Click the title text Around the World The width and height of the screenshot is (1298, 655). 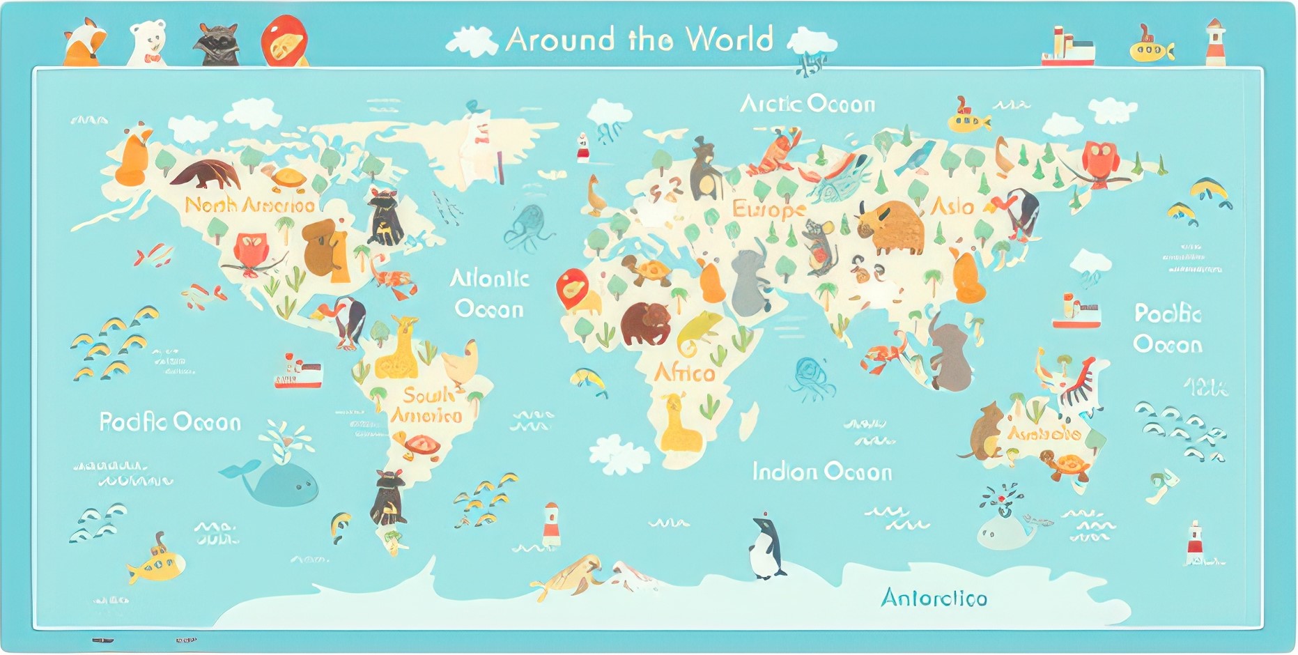640,40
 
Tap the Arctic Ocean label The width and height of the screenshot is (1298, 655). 807,105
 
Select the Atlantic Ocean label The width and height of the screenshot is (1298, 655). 489,293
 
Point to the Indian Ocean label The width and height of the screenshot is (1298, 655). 822,472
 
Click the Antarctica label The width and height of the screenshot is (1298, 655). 934,598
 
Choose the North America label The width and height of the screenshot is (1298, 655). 250,205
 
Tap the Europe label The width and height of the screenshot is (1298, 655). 768,208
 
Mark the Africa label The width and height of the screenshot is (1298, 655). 684,373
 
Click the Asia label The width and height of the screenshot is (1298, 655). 952,206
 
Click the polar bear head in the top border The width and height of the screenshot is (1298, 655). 148,42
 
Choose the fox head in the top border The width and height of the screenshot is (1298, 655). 84,43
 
